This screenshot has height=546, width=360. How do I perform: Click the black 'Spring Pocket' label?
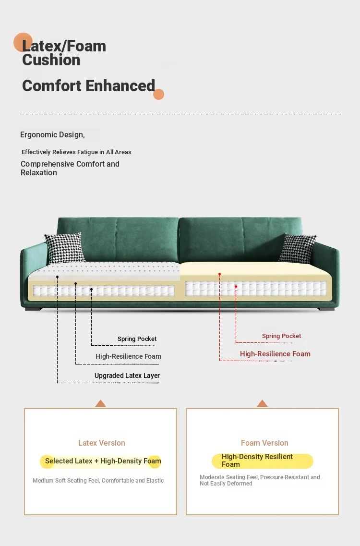137,339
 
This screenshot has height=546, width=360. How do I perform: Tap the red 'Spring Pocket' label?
281,336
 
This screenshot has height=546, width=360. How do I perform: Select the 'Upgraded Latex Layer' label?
127,376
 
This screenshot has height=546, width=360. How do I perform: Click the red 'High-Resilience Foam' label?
275,354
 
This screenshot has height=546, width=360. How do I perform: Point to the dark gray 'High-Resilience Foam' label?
128,356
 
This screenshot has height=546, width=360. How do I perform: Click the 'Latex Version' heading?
101,443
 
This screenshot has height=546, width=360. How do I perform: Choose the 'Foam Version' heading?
264,443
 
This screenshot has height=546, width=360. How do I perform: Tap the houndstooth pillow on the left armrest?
65,248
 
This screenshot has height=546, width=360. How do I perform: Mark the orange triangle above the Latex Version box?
101,403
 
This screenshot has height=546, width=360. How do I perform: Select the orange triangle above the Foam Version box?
262,403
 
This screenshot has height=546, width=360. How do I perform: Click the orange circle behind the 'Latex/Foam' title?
23,42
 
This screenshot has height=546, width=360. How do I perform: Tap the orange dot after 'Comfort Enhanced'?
158,95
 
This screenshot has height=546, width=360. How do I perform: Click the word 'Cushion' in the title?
51,60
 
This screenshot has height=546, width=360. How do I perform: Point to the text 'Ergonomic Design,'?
52,135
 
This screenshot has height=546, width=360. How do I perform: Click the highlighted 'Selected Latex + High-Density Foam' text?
103,461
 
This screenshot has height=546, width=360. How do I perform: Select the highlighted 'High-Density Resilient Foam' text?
257,461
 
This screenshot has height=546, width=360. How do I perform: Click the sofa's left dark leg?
34,309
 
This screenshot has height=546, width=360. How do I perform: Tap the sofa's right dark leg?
326,309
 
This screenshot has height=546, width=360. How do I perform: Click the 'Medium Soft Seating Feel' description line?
98,481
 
